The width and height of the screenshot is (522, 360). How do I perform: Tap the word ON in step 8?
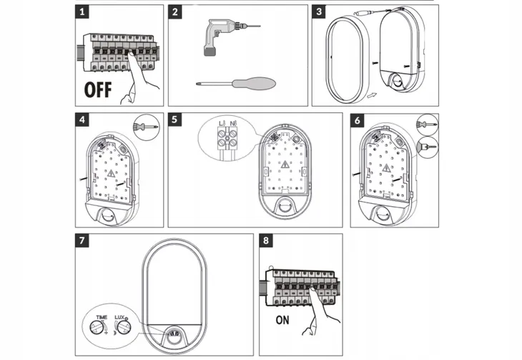pos(282,320)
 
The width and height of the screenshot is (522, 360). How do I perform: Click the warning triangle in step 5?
pos(285,165)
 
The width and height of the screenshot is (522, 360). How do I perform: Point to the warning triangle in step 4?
pos(111,173)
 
